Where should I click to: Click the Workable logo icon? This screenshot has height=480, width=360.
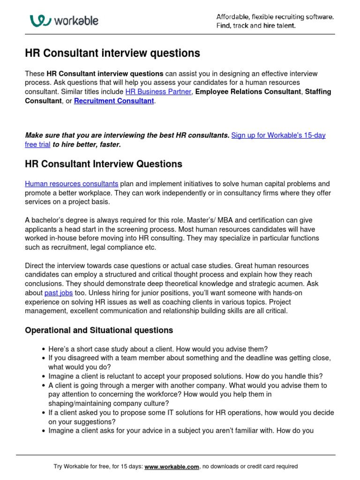coord(40,21)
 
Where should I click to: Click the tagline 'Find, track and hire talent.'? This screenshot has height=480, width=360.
coord(256,26)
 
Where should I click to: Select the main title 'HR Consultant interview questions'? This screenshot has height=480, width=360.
coord(112,53)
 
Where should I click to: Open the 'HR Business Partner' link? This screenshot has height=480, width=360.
coord(158,92)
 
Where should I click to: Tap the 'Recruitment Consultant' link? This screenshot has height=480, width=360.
coord(114,101)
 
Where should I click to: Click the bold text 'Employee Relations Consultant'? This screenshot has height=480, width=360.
coord(248,92)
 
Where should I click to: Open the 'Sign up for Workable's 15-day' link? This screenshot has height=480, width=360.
coord(278,135)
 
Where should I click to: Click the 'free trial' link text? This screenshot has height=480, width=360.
coord(37,145)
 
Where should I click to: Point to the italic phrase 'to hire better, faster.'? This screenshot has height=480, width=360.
coord(87,145)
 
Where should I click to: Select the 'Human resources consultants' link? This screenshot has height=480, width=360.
coord(71,184)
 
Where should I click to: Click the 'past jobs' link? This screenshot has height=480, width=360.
coord(58,293)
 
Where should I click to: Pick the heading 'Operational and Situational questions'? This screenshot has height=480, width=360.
coord(99,330)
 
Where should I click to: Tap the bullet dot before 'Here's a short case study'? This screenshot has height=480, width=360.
coord(44,349)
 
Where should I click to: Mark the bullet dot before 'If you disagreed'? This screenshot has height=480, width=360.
coord(44,358)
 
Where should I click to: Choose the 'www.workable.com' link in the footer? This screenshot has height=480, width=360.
coord(172,466)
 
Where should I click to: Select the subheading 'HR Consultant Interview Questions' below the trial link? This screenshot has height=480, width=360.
coord(104,164)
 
